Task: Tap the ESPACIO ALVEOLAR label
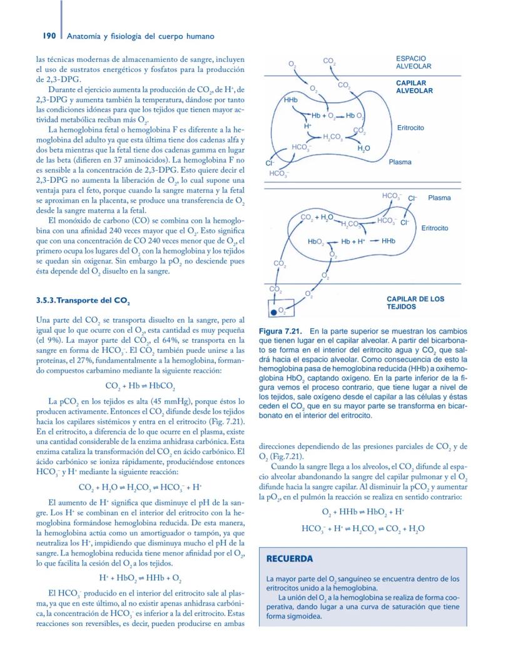[x=414, y=62]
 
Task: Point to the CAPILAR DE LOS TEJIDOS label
[x=415, y=303]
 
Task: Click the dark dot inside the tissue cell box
[x=273, y=311]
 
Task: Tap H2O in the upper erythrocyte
[x=363, y=148]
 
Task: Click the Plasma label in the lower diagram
[x=439, y=198]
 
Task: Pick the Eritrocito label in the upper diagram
[x=410, y=128]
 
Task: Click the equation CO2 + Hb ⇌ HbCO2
[x=140, y=385]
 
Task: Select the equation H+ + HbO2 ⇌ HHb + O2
[x=140, y=578]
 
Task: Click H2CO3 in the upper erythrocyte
[x=332, y=137]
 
